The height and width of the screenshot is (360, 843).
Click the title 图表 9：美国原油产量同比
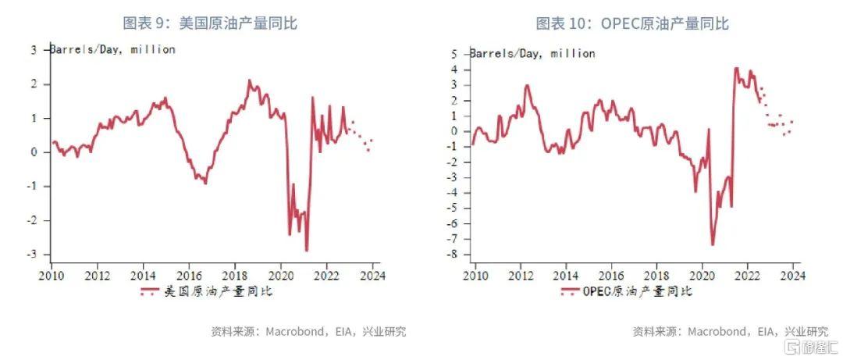(x=211, y=23)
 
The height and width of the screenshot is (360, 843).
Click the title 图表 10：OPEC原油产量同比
(x=632, y=23)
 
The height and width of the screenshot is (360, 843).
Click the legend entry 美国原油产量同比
(x=206, y=292)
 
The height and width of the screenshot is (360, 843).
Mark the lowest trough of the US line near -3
(x=307, y=251)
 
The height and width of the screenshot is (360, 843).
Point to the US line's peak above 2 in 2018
(x=250, y=80)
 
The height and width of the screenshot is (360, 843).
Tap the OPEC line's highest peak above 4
(x=736, y=68)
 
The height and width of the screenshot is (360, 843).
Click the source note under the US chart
(x=308, y=331)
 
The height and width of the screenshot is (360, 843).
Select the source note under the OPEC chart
(x=730, y=331)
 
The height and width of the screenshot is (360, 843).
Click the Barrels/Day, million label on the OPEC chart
(x=532, y=54)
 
